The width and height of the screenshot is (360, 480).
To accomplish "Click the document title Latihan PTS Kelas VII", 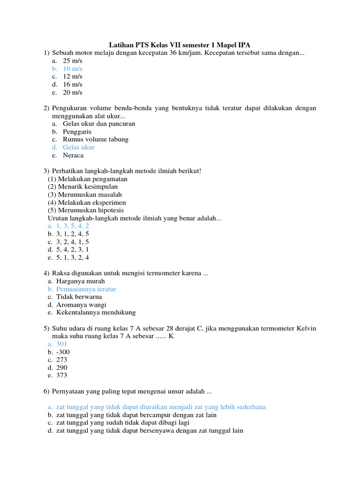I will [180, 45].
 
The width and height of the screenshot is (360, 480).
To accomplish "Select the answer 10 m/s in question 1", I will [73, 68].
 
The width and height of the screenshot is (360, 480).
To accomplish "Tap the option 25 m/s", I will [73, 61].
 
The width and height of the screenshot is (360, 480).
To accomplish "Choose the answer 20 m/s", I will [73, 92].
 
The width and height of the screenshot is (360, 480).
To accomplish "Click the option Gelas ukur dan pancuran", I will [99, 124].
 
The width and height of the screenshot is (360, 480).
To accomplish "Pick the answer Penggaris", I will [77, 132].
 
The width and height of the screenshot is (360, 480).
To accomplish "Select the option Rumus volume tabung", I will [96, 139].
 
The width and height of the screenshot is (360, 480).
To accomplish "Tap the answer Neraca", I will [74, 155].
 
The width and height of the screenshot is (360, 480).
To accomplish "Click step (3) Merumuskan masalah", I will [85, 195].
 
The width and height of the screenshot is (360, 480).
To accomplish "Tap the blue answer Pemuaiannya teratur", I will [86, 289].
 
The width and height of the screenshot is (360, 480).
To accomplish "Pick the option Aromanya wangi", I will [82, 305].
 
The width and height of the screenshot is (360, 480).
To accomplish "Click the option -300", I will [63, 352].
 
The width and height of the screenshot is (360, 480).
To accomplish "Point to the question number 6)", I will [46, 391].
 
